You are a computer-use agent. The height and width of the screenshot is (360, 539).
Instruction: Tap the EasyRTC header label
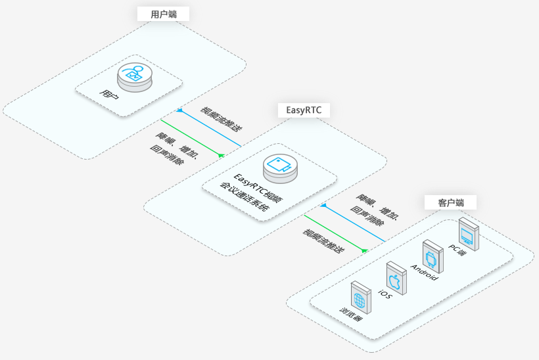pos(304,110)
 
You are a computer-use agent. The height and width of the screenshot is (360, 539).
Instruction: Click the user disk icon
pos(134,77)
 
